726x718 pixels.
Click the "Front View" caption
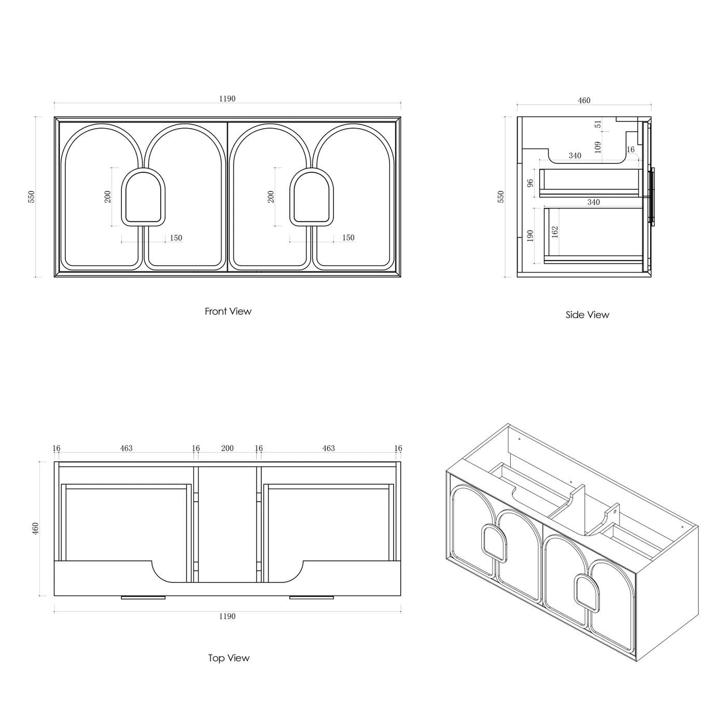click(x=228, y=311)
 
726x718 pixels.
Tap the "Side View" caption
click(x=587, y=315)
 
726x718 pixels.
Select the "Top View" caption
click(x=229, y=658)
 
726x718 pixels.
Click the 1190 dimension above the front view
click(x=227, y=99)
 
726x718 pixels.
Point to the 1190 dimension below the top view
click(x=227, y=616)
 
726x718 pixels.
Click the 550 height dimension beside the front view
click(x=31, y=197)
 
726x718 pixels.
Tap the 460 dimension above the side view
click(x=584, y=101)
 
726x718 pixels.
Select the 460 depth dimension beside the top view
click(x=35, y=528)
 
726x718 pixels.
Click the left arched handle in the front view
click(x=143, y=197)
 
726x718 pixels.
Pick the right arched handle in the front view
click(x=312, y=197)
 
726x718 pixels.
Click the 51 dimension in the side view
click(x=598, y=124)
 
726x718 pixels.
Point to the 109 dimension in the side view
click(x=597, y=147)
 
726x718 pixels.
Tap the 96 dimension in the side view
click(x=530, y=183)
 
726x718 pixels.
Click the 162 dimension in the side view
click(x=554, y=232)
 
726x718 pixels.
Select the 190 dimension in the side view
click(x=530, y=236)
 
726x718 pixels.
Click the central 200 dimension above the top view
click(x=227, y=448)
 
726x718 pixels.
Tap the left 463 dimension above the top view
click(x=126, y=448)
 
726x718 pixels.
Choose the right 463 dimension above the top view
click(x=329, y=448)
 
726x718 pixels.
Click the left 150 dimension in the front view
click(x=176, y=238)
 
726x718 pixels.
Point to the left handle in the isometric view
click(x=494, y=542)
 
